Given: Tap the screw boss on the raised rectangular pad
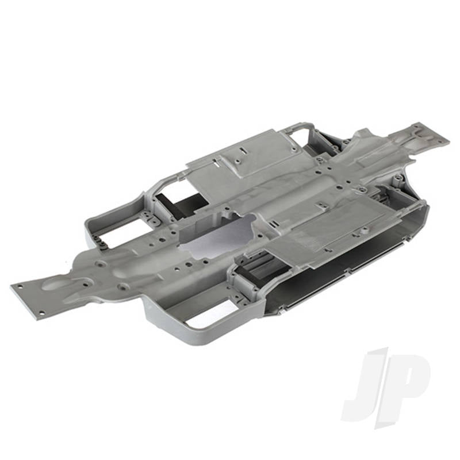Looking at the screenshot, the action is (239, 161).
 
